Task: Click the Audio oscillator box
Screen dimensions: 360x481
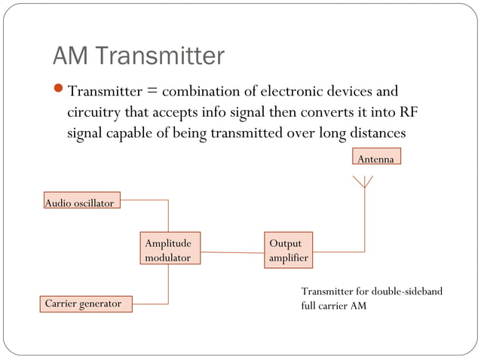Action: click(80, 203)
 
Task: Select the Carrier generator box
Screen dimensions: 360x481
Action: click(84, 304)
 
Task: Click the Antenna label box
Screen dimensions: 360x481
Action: click(376, 158)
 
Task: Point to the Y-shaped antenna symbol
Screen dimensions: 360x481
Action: click(364, 182)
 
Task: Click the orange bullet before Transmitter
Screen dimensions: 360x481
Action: click(60, 92)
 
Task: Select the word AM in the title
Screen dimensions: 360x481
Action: click(72, 56)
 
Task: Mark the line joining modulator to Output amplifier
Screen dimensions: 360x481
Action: click(233, 252)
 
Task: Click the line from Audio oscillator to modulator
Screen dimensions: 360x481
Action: click(167, 215)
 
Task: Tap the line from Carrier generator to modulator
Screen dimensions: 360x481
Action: click(167, 286)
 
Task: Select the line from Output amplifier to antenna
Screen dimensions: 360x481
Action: click(364, 226)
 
